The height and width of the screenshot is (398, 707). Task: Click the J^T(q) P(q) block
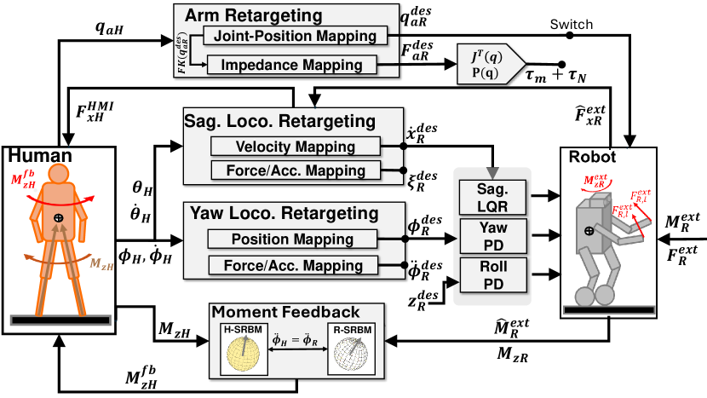coord(489,61)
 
